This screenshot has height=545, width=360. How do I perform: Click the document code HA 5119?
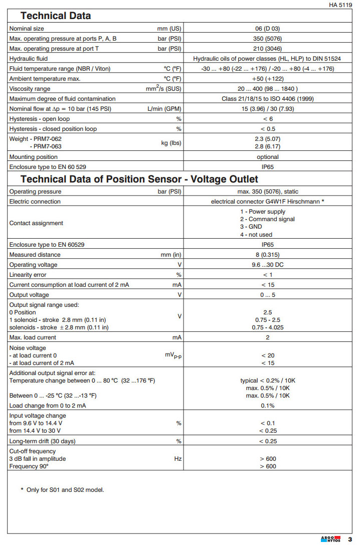pyautogui.click(x=340, y=5)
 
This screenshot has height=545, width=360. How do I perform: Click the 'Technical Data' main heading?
pyautogui.click(x=56, y=16)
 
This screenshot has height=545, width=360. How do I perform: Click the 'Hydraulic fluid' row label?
pyautogui.click(x=29, y=59)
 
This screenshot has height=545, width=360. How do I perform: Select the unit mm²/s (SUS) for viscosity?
pyautogui.click(x=168, y=89)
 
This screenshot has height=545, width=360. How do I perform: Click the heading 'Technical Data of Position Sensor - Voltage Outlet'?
pyautogui.click(x=139, y=179)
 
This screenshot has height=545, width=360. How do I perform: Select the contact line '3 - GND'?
pyautogui.click(x=251, y=227)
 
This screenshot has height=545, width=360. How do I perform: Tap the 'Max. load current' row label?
pyautogui.click(x=33, y=337)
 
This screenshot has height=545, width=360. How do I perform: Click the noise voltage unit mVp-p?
pyautogui.click(x=173, y=355)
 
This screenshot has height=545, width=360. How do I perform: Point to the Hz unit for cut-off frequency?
pyautogui.click(x=177, y=459)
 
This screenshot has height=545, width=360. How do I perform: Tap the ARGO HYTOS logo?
pyautogui.click(x=330, y=539)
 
